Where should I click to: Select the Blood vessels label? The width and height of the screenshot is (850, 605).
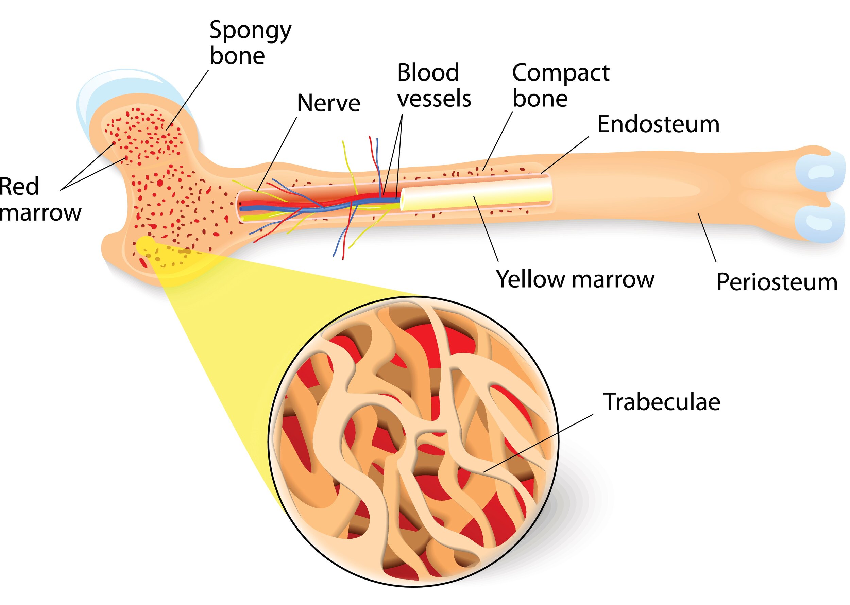(434, 85)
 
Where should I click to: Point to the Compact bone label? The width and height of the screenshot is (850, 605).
(560, 85)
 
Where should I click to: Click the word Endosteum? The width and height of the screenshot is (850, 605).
(658, 124)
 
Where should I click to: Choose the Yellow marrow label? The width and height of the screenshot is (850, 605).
(575, 279)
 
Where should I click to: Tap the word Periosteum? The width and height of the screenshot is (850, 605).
(777, 282)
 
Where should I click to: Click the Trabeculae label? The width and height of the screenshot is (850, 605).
(661, 402)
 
